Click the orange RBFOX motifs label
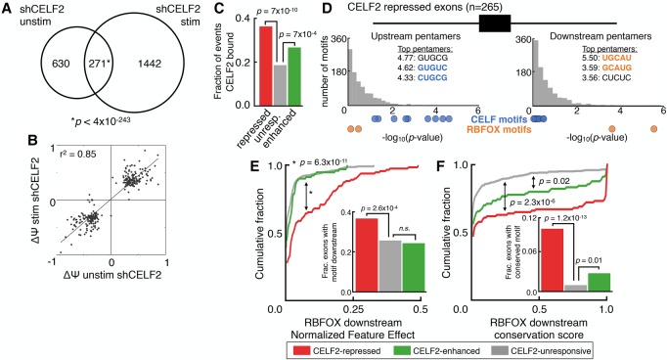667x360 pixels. click(499, 129)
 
